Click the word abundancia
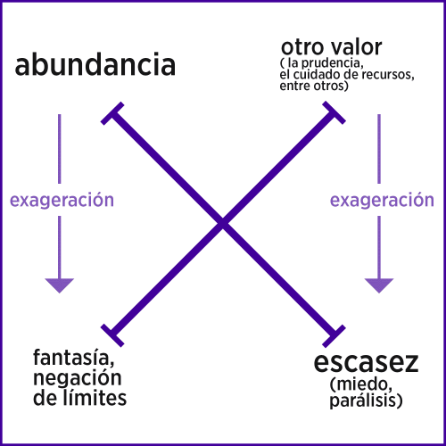pos(95,64)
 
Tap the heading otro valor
pos(332,47)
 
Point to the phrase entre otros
pos(314,86)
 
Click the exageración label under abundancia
pos(62,201)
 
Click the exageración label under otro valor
pos(382,201)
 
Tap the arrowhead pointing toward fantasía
pos(60,285)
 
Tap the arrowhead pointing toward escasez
pos(379,285)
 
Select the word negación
pos(78,378)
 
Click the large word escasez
pos(366,362)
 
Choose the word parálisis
pos(366,401)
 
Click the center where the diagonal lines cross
pos(223,224)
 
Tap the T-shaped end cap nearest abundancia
pos(112,113)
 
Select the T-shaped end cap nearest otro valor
pos(334,112)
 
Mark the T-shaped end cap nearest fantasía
pos(112,335)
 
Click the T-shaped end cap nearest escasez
pos(334,335)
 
